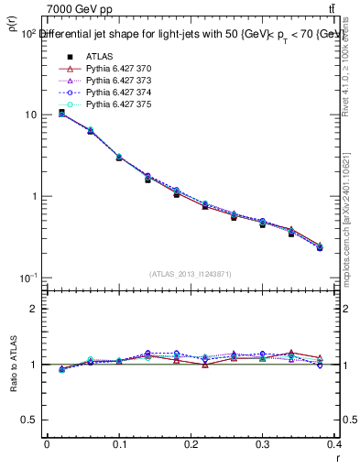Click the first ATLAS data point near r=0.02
(61, 113)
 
